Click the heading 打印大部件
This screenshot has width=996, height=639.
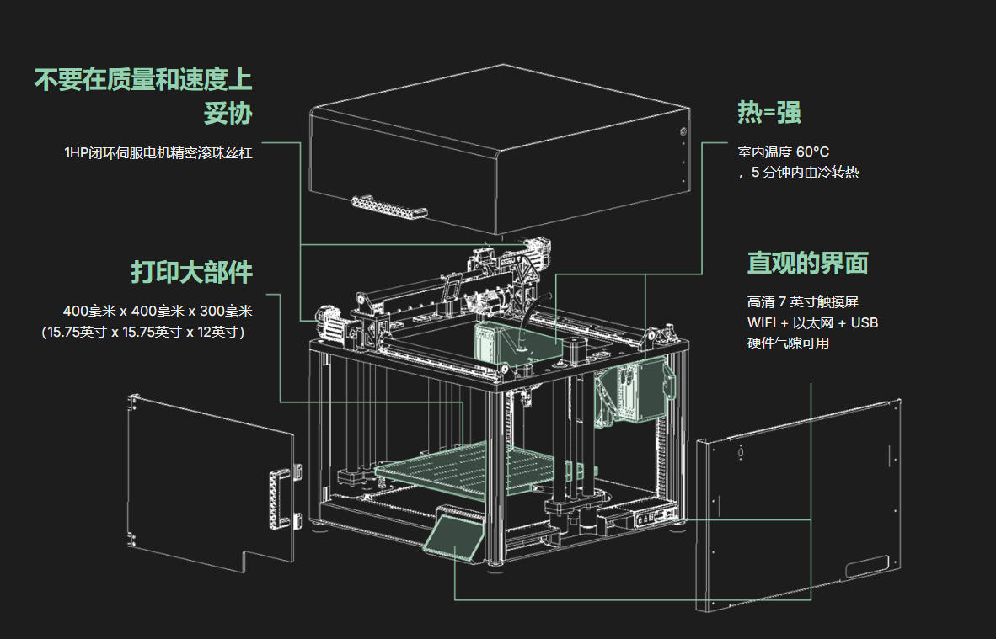(191, 272)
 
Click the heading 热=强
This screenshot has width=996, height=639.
(768, 112)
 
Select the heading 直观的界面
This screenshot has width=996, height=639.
(807, 263)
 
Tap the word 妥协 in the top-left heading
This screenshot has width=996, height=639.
(228, 113)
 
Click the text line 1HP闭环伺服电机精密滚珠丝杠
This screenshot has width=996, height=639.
(158, 153)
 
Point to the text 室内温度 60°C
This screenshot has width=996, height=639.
(783, 152)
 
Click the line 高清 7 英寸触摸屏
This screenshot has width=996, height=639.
(802, 301)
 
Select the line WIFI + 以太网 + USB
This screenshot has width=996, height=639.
(812, 322)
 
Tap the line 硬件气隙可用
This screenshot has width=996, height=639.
(788, 343)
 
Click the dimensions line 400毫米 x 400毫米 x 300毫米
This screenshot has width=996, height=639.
(158, 311)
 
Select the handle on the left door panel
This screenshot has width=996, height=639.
(276, 499)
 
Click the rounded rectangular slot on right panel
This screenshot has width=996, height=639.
(867, 567)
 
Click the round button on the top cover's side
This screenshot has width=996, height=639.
(683, 132)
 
